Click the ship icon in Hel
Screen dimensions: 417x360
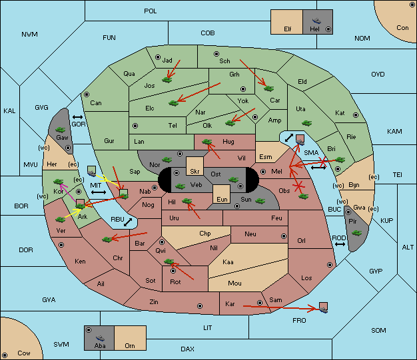pos(316,21)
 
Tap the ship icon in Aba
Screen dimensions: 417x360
pos(100,338)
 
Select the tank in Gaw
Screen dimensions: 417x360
pos(61,130)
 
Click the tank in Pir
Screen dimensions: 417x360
pos(356,233)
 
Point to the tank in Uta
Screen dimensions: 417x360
pos(306,123)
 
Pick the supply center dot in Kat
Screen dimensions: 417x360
pos(356,115)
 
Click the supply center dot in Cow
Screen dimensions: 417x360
pos(5,355)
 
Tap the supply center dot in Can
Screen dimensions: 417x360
pos(87,94)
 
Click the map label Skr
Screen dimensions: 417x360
pos(195,172)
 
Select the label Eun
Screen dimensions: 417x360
pos(222,199)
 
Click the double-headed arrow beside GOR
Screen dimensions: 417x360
pos(77,117)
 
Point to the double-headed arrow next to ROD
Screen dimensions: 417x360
pos(340,244)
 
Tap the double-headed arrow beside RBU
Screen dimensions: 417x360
pos(128,222)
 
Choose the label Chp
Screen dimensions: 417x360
pos(205,234)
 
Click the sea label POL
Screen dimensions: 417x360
pos(151,11)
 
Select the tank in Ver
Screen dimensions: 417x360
pos(61,220)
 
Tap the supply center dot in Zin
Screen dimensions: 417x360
pos(200,306)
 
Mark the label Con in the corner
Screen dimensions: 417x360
pos(402,28)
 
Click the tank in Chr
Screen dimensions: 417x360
pos(107,240)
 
